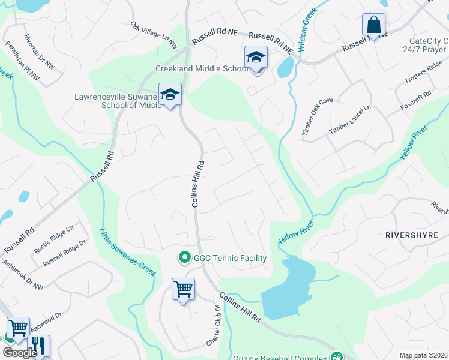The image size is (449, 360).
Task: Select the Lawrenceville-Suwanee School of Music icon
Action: point(170,95)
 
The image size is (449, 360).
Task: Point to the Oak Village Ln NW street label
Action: point(155,35)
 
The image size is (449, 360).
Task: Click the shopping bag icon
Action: point(373,26)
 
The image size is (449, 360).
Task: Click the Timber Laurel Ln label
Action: point(350,121)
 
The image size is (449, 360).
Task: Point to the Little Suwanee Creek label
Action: point(128,253)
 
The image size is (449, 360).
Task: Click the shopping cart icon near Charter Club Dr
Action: point(182,289)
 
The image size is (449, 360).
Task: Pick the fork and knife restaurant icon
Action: point(37,345)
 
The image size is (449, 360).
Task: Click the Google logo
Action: point(20,353)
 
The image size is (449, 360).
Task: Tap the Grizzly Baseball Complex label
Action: point(282,356)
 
